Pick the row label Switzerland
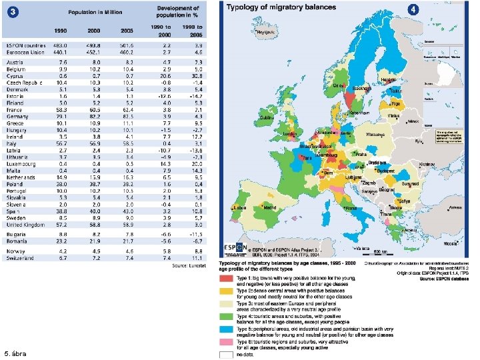tap(22, 257)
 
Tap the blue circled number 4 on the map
tap(415, 9)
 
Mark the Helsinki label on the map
tap(389, 79)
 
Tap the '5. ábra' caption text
tap(15, 353)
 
